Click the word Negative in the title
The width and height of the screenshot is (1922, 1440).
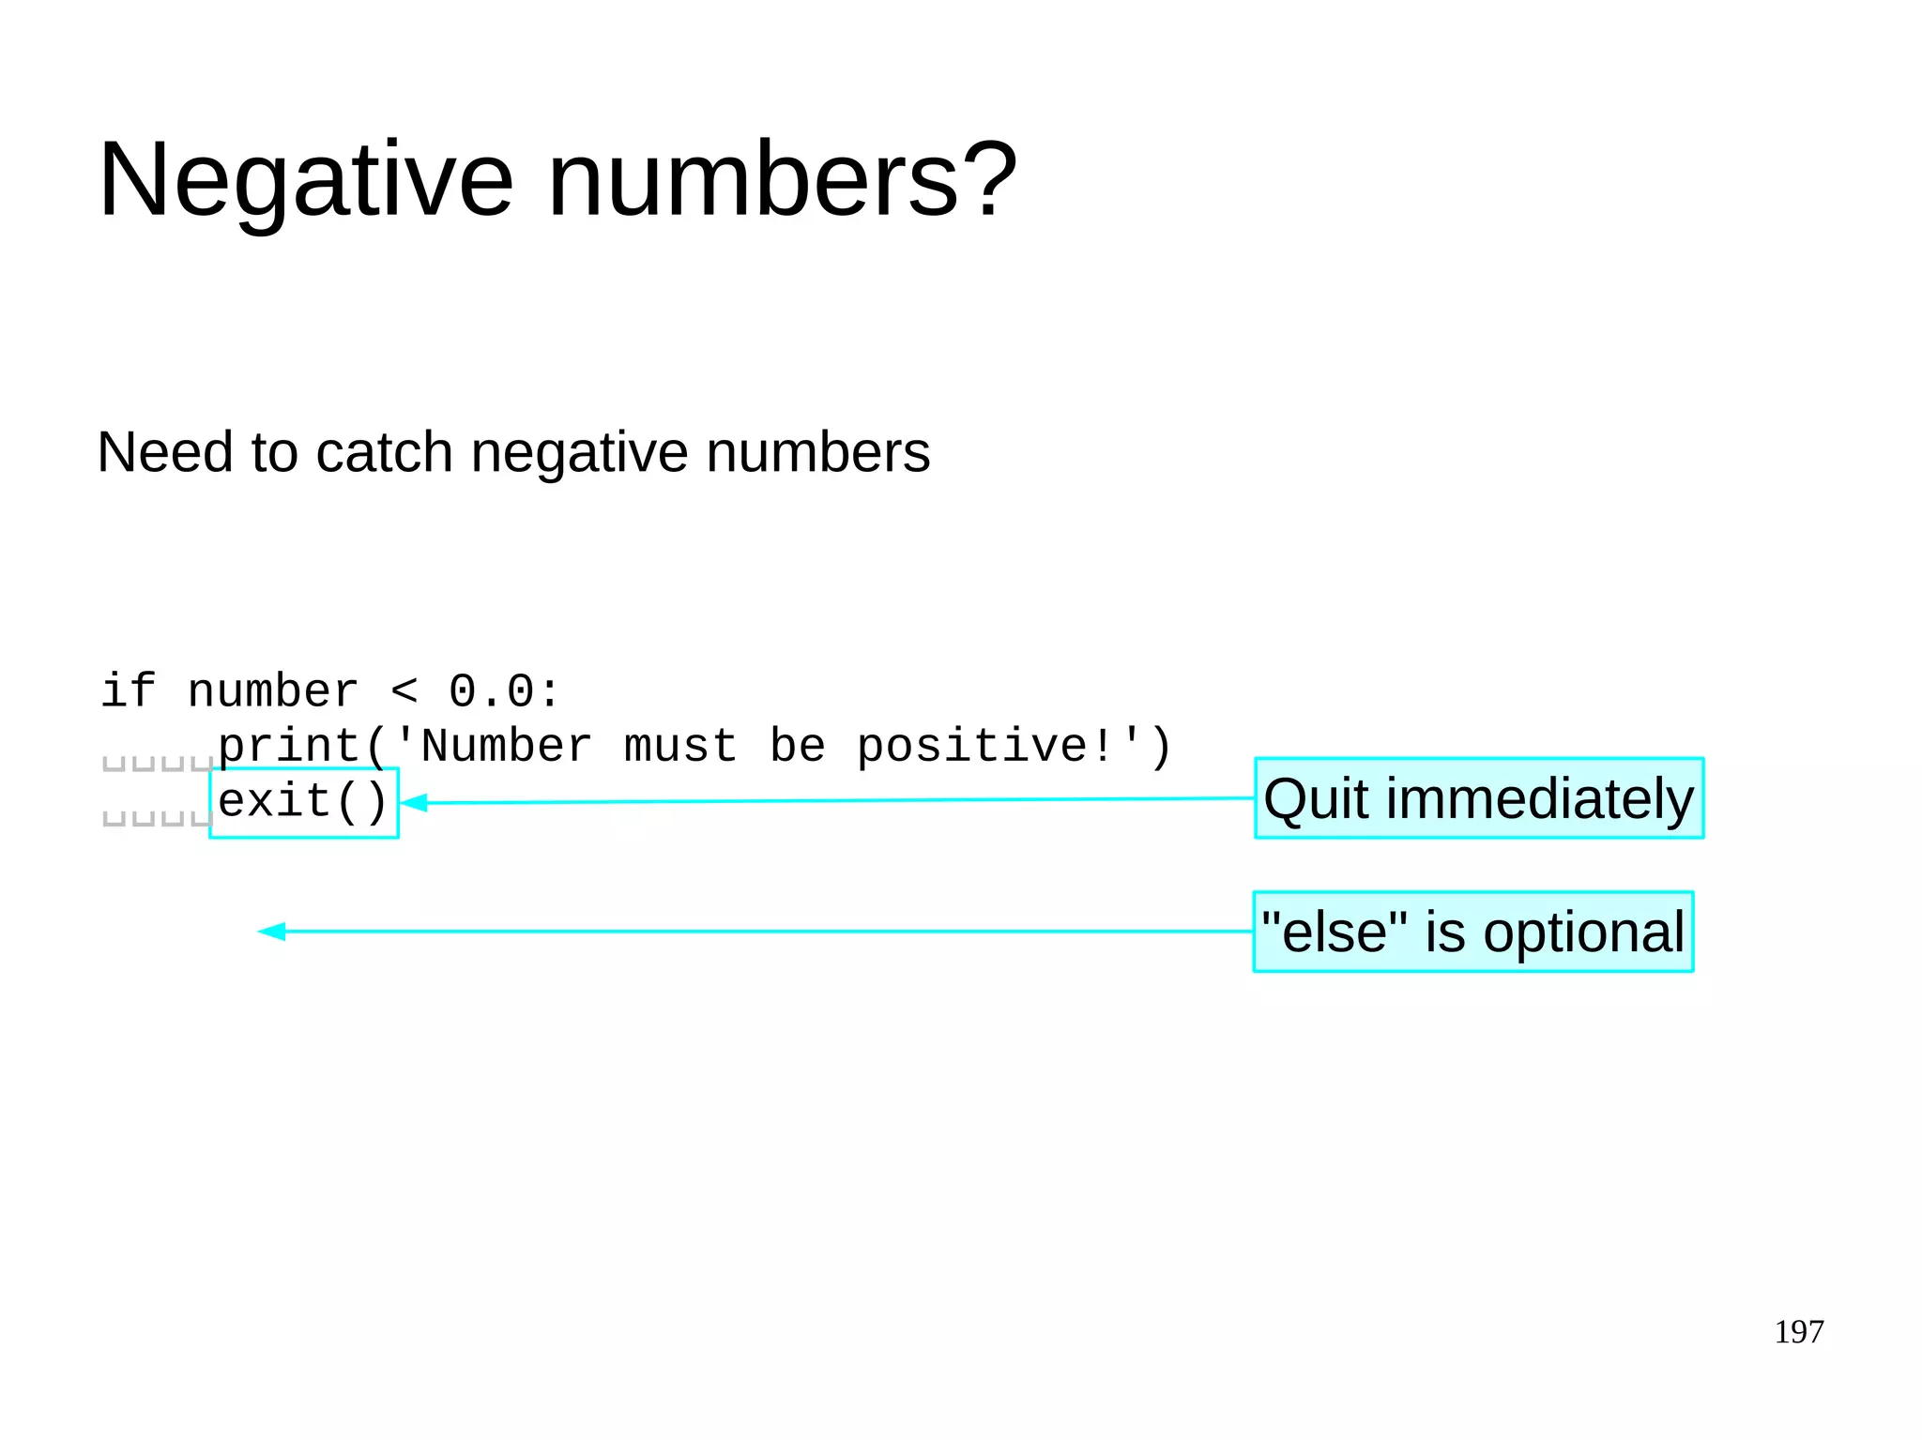pos(306,180)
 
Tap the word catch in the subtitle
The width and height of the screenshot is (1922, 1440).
pos(385,452)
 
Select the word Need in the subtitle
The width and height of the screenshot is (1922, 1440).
pos(165,452)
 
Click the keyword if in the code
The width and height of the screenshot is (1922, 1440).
pos(129,691)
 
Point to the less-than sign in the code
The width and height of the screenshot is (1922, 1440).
pos(404,692)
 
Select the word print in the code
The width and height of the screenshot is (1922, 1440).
pos(289,747)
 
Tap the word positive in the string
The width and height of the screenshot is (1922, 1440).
pos(972,747)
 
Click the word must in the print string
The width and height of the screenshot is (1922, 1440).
pos(680,747)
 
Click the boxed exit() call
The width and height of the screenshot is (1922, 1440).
pos(303,802)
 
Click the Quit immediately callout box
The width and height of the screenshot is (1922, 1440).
pos(1478,798)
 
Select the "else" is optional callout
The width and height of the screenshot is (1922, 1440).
pos(1472,932)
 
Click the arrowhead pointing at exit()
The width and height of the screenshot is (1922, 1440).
pos(415,803)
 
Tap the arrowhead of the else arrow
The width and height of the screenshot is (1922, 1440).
pos(271,932)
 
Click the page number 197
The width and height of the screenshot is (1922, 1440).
pos(1798,1331)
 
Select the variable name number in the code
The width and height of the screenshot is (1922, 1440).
pos(273,691)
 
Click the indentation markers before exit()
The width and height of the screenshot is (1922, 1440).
pos(157,818)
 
